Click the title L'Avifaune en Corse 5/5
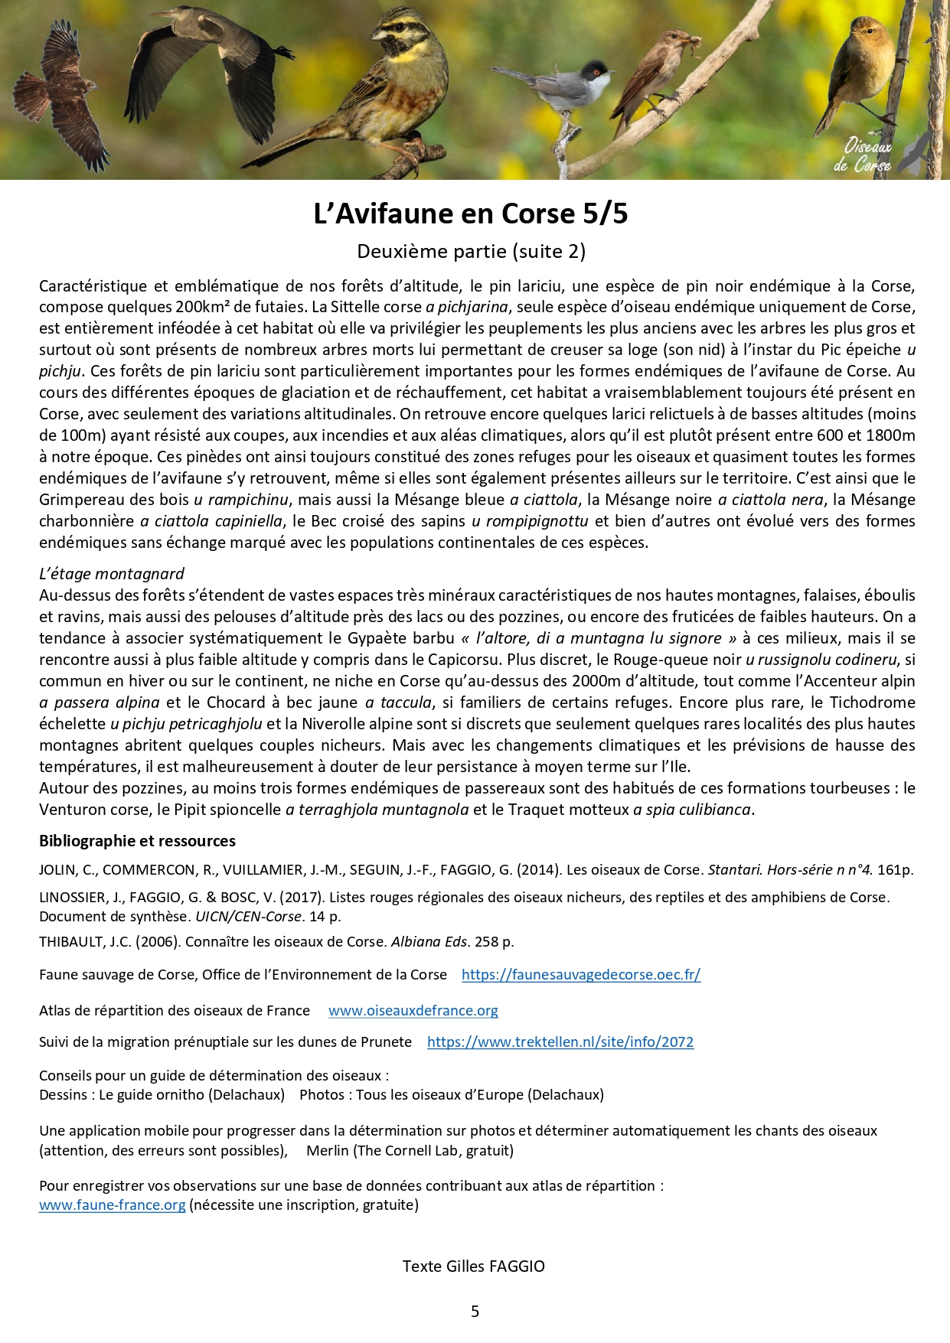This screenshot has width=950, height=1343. tap(471, 214)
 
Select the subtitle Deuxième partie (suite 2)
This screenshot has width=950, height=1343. tap(471, 251)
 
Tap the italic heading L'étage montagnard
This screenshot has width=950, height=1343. tap(112, 574)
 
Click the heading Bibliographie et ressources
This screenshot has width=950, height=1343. tap(137, 841)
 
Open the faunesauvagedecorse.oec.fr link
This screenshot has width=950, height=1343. tap(581, 974)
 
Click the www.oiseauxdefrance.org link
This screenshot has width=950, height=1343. tap(413, 1010)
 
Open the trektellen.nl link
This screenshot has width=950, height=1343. tap(560, 1041)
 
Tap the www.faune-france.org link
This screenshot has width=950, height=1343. tap(112, 1204)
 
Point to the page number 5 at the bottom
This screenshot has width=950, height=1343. tap(475, 1311)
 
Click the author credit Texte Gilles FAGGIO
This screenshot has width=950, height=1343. tap(474, 1266)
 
